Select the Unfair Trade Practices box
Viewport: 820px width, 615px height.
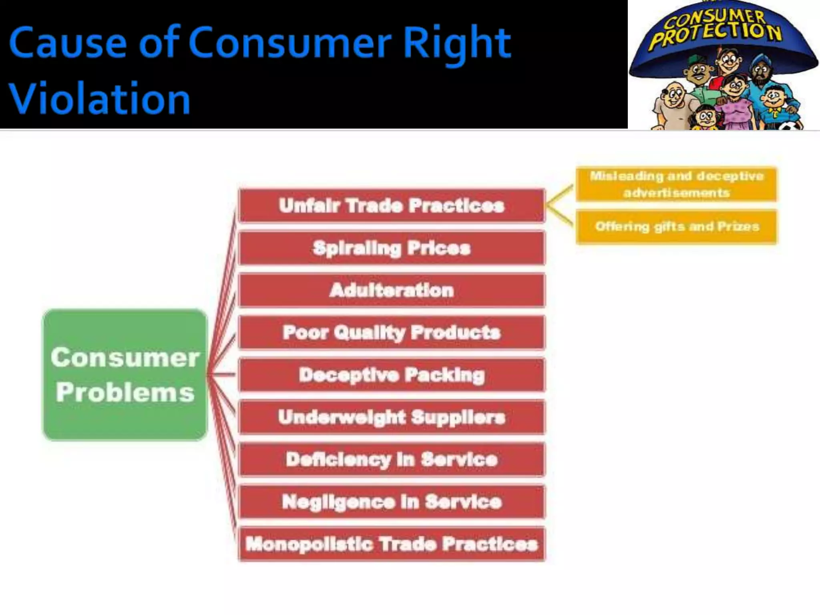point(392,205)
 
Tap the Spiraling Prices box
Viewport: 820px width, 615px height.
point(392,248)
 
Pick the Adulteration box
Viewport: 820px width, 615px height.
point(392,290)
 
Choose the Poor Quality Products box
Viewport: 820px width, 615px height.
point(392,333)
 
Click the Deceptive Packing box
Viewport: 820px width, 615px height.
point(392,375)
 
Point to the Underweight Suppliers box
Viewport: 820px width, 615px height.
point(392,417)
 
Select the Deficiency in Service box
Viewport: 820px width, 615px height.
point(392,460)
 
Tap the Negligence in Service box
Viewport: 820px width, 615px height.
point(392,502)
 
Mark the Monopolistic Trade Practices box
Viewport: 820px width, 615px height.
point(392,544)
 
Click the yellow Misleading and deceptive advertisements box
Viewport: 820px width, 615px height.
point(676,184)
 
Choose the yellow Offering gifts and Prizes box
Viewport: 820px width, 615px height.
point(676,227)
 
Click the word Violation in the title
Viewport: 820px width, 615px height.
point(99,98)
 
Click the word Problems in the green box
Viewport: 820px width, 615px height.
point(125,392)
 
